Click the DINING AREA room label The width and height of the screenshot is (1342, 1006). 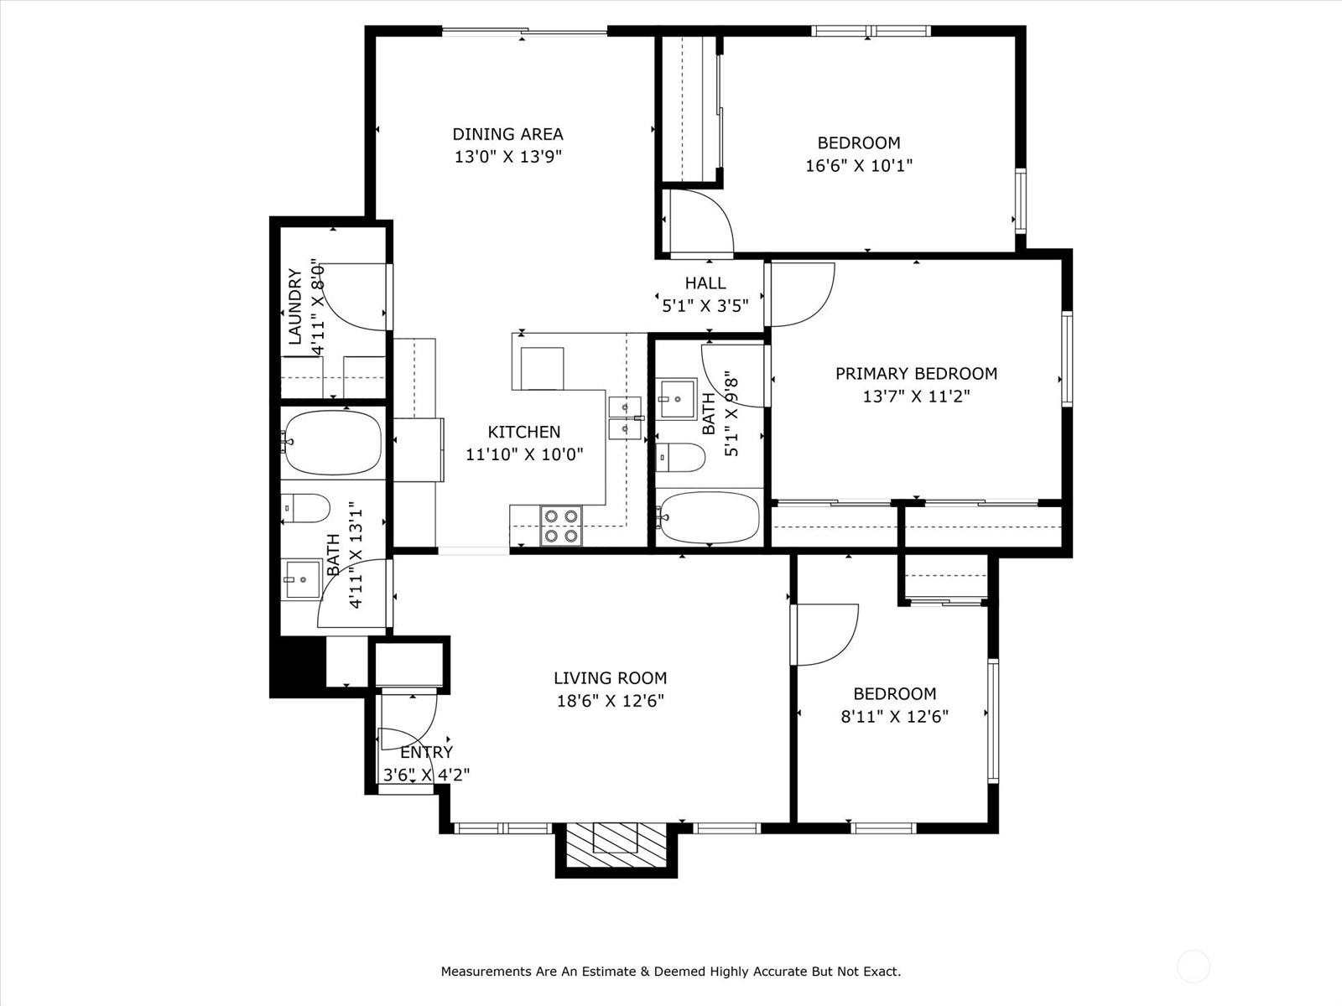pyautogui.click(x=507, y=134)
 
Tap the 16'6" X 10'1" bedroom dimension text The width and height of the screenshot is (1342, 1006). pyautogui.click(x=858, y=165)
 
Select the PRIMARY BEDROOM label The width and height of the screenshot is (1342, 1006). pyautogui.click(x=916, y=373)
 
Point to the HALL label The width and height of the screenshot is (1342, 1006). pyautogui.click(x=705, y=283)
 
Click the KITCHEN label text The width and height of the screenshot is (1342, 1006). pyautogui.click(x=523, y=432)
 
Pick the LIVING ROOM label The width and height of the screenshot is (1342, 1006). pyautogui.click(x=610, y=678)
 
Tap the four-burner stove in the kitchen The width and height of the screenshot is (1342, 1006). pyautogui.click(x=560, y=526)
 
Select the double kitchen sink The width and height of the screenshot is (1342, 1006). pyautogui.click(x=625, y=418)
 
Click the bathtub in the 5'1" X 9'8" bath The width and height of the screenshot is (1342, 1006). pyautogui.click(x=710, y=516)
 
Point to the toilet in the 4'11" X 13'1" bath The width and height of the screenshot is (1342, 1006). pyautogui.click(x=305, y=508)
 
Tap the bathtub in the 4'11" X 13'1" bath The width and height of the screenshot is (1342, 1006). pyautogui.click(x=331, y=443)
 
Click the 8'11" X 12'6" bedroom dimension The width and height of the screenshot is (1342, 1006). pyautogui.click(x=894, y=717)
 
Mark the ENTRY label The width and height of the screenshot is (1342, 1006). pyautogui.click(x=427, y=752)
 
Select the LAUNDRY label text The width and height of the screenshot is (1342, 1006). pyautogui.click(x=295, y=307)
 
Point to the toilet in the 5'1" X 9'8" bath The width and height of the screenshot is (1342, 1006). pyautogui.click(x=680, y=457)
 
